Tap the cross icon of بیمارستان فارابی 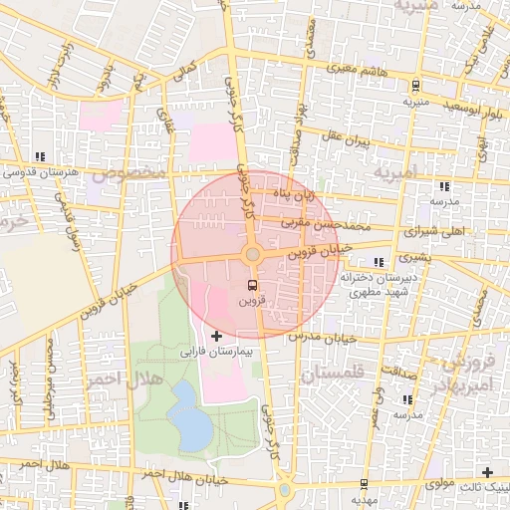[217, 337]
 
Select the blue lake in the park [190, 415]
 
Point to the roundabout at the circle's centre [252, 255]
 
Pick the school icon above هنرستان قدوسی [40, 156]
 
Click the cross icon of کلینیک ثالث [487, 472]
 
